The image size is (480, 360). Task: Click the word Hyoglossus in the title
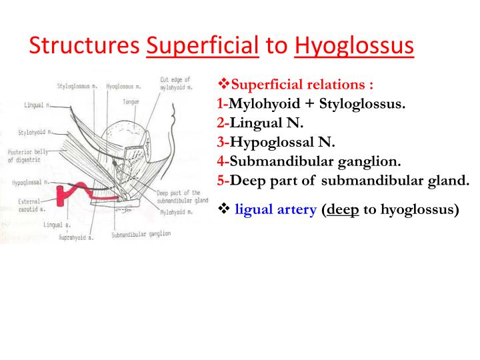click(x=354, y=46)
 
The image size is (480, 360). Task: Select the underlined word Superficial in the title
click(x=203, y=45)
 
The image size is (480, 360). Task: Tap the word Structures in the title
click(x=85, y=45)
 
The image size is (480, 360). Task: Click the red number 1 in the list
click(x=221, y=103)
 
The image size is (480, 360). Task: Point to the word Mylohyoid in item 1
click(x=264, y=104)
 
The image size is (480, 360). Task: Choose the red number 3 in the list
click(x=221, y=142)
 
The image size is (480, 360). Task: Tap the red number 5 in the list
click(x=221, y=180)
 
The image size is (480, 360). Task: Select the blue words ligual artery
click(x=275, y=210)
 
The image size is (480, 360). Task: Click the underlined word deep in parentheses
click(x=343, y=210)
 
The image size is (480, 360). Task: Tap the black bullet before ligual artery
click(x=224, y=209)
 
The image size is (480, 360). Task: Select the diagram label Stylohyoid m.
click(x=35, y=133)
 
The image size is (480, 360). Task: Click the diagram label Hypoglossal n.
click(x=31, y=183)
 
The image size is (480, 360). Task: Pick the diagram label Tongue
click(x=131, y=101)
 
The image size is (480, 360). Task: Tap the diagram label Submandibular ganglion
click(x=141, y=235)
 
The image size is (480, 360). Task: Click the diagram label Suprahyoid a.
click(x=76, y=237)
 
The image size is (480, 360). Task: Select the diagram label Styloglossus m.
click(x=77, y=86)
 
